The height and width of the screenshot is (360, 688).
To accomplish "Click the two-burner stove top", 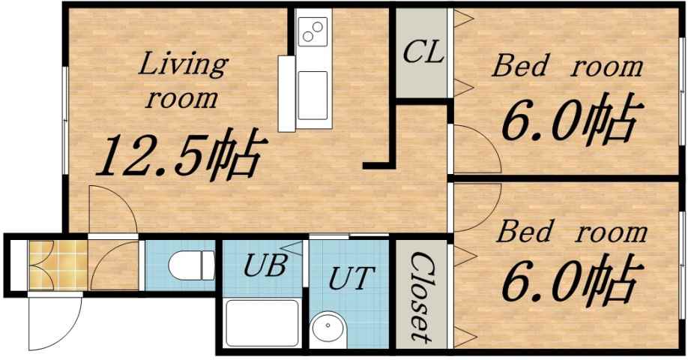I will click(312, 31).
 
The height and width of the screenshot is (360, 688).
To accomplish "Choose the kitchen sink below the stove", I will click(313, 94).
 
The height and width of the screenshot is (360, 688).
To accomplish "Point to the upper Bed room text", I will click(567, 67).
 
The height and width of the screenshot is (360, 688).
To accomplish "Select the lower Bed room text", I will click(571, 232).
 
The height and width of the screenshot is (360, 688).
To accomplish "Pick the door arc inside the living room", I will click(112, 206).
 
